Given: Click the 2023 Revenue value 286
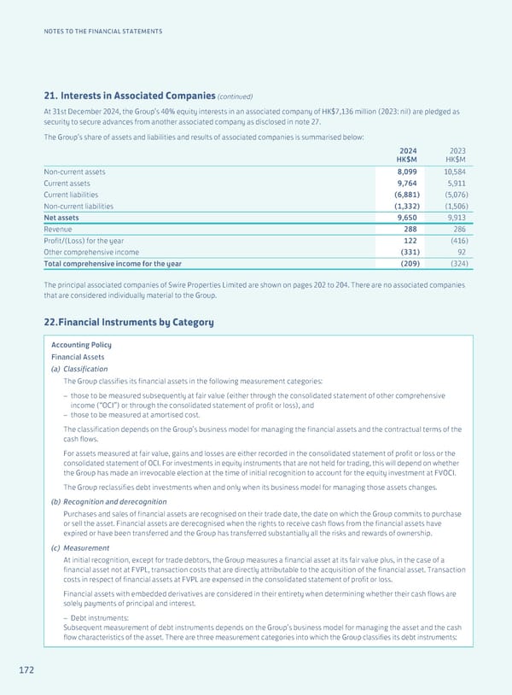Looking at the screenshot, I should coord(458,230).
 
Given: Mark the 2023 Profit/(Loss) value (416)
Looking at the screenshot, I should coord(456,242).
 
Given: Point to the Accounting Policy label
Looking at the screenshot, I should coord(81,344).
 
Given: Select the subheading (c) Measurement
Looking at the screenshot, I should coord(79,547).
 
